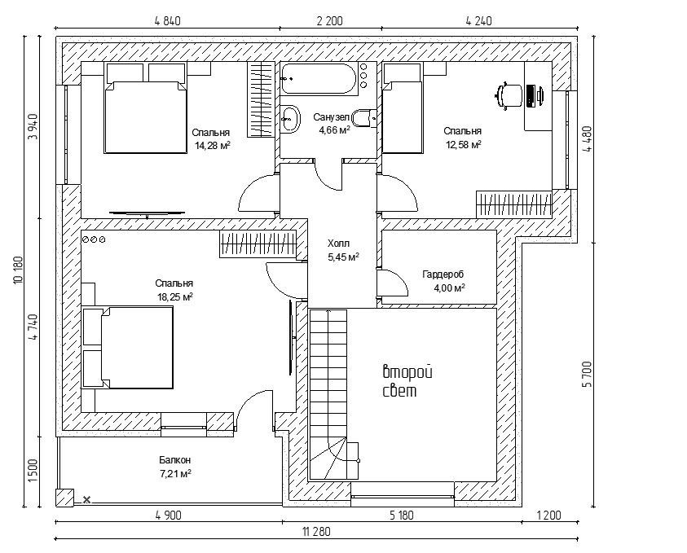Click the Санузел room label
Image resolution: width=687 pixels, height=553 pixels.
[x=332, y=117]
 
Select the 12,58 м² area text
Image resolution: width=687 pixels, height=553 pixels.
[x=463, y=144]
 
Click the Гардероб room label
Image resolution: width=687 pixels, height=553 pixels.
[x=443, y=274]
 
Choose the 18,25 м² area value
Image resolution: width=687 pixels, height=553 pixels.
[x=175, y=297]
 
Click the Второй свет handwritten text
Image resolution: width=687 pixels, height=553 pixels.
[x=407, y=381]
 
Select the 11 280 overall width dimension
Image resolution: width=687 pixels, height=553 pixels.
[x=316, y=531]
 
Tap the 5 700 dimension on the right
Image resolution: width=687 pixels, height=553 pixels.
[x=588, y=375]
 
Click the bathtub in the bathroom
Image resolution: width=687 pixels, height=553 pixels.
[x=319, y=79]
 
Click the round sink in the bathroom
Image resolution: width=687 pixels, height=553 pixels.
[x=290, y=119]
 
